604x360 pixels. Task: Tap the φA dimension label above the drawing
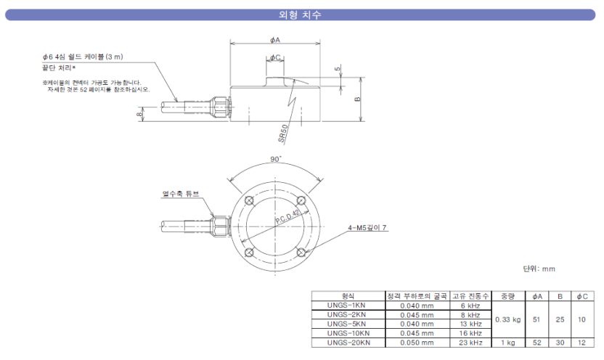pyautogui.click(x=276, y=40)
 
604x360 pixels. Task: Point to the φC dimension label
pyautogui.click(x=275, y=57)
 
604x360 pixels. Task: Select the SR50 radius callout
pyautogui.click(x=283, y=134)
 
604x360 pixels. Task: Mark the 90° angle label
pyautogui.click(x=275, y=159)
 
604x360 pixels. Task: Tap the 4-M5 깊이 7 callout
pyautogui.click(x=367, y=227)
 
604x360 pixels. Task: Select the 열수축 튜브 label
pyautogui.click(x=181, y=194)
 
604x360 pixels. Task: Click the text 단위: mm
pyautogui.click(x=539, y=268)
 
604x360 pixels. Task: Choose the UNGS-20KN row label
pyautogui.click(x=348, y=343)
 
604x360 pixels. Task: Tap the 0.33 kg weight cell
pyautogui.click(x=506, y=319)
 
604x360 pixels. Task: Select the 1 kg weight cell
pyautogui.click(x=506, y=343)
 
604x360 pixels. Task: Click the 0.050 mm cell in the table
pyautogui.click(x=417, y=343)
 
